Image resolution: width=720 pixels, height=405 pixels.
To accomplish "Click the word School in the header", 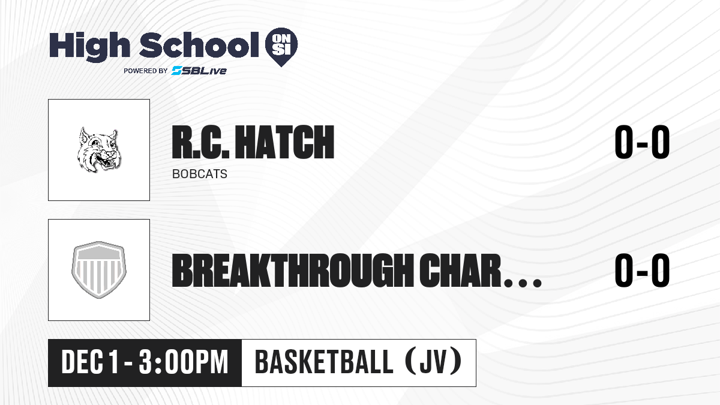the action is (x=199, y=45).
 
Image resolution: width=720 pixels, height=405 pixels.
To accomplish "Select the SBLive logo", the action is (x=199, y=70).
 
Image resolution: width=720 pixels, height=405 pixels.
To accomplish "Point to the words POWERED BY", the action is (x=146, y=71).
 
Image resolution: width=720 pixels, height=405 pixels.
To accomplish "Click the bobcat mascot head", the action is (x=98, y=149).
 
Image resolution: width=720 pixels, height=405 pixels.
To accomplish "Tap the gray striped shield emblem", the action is (x=99, y=270).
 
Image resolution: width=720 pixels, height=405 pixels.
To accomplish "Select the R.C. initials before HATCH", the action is (x=200, y=142).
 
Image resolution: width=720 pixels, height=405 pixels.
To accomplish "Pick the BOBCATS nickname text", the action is (x=200, y=174).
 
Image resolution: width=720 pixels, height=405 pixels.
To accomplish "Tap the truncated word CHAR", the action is (x=460, y=271).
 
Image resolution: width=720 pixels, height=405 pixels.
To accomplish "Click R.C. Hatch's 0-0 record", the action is (x=642, y=142).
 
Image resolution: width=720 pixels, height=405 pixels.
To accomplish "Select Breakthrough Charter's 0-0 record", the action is (x=642, y=271).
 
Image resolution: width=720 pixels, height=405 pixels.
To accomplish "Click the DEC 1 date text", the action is (x=90, y=362).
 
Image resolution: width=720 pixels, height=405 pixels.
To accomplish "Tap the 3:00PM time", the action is (x=183, y=362).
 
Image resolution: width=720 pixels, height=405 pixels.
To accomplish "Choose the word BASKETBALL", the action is (x=323, y=362).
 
